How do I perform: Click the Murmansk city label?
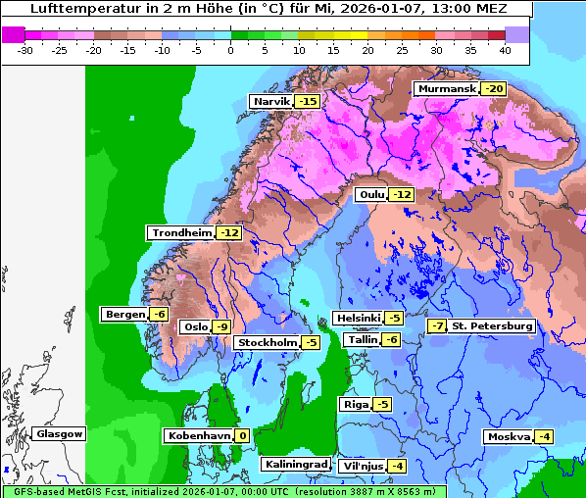coord(447,89)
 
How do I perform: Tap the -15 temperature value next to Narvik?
coord(309,102)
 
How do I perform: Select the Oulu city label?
coord(371,195)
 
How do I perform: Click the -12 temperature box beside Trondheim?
coord(228,233)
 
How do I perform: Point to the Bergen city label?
coord(123,314)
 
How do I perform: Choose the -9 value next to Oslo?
coord(222,327)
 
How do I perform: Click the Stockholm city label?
coord(267,342)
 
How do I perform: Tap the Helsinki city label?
coord(358,318)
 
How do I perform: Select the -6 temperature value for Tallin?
coord(391,339)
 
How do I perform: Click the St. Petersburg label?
coord(493,325)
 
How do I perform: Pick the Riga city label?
coord(355,404)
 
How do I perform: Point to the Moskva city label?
coord(509,436)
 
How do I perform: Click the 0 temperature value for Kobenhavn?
coord(241,435)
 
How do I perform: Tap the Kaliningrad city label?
coord(295,465)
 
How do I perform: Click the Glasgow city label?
coord(60,433)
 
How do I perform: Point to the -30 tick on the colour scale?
coord(25,49)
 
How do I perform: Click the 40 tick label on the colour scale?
coord(504,49)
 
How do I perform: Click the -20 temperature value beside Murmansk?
coord(495,89)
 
